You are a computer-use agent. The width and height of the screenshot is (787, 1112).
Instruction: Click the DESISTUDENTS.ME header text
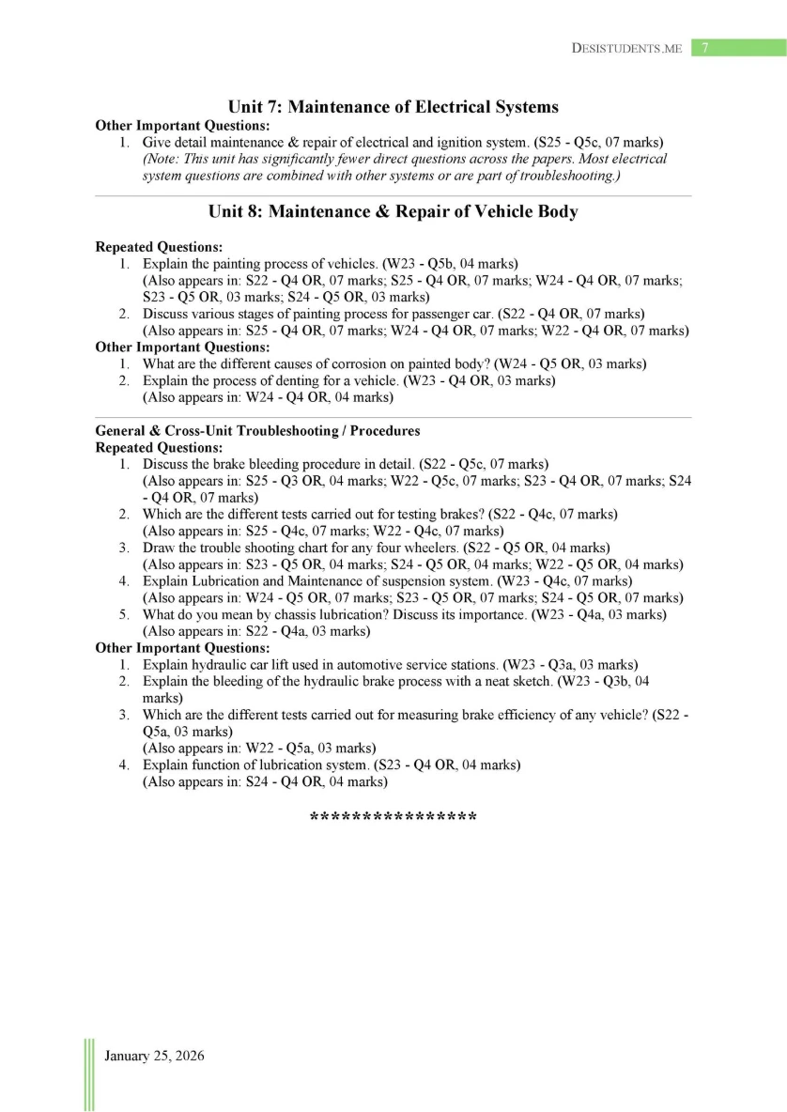[626, 49]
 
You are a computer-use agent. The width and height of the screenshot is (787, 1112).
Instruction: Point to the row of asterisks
[393, 816]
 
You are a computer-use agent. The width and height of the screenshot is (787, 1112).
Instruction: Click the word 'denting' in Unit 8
[291, 380]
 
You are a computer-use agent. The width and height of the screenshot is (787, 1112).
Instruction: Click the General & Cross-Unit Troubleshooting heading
[257, 430]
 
